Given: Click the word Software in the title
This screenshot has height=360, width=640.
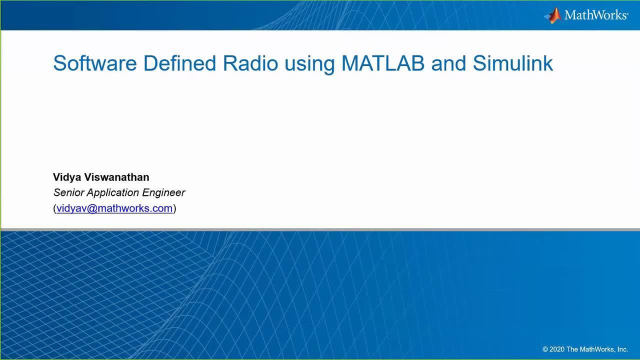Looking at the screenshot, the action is (95, 63).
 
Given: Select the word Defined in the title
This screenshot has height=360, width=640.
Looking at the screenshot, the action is (179, 63).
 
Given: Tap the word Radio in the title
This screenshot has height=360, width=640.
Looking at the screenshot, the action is (250, 63).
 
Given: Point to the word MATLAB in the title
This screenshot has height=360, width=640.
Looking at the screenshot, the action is (383, 63).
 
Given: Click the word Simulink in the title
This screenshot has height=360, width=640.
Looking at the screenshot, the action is (513, 63).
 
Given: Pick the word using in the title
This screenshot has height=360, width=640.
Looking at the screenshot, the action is (309, 65).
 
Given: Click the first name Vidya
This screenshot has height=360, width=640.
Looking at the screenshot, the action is (67, 177).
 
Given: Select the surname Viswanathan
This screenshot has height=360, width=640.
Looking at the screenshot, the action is (116, 177).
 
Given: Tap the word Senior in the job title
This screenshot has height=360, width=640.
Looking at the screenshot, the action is (68, 192).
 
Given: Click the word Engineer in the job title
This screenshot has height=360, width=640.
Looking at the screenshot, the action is (163, 193).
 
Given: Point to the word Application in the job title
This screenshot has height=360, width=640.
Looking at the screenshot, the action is (113, 193).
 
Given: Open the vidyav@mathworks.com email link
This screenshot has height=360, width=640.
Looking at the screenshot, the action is (114, 208).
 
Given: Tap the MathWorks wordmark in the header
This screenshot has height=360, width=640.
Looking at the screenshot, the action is (596, 15).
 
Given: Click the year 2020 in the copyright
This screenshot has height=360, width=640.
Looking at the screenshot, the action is (557, 349).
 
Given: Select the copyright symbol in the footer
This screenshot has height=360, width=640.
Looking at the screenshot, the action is (545, 349).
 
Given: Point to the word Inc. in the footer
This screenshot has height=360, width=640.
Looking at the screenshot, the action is (622, 349).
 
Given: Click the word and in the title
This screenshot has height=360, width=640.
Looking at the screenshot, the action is (448, 63).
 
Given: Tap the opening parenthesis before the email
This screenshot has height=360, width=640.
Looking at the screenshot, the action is (54, 208).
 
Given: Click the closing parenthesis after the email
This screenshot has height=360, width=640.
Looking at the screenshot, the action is (174, 208).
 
